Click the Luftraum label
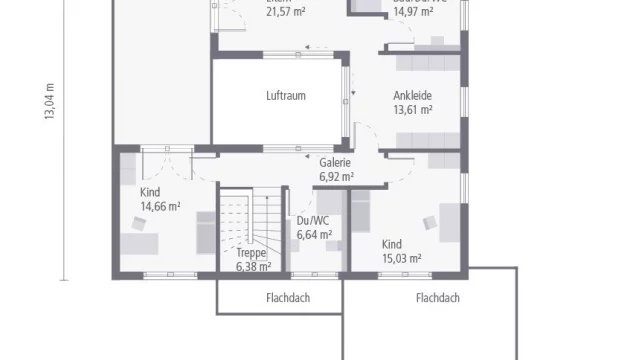tap(285, 96)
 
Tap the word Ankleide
tap(412, 96)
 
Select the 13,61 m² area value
tap(412, 110)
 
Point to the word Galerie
tap(335, 162)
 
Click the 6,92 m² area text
tap(336, 176)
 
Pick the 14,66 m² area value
tap(160, 206)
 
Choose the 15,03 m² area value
tap(401, 258)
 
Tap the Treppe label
tap(251, 253)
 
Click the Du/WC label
tap(313, 222)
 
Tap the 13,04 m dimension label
tap(49, 100)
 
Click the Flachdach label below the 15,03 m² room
tap(437, 298)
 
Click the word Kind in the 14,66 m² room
tap(151, 192)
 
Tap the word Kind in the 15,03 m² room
tap(392, 244)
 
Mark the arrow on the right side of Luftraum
tap(352, 98)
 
